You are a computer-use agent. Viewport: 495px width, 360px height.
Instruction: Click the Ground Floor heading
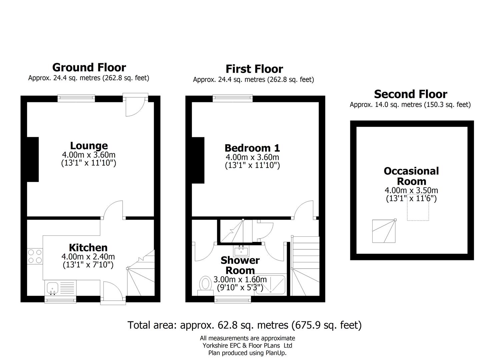(89, 67)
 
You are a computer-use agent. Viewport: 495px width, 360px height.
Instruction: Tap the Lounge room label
(89, 146)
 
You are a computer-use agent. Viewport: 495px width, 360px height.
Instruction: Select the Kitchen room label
(88, 248)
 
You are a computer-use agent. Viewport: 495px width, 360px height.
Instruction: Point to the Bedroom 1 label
(252, 148)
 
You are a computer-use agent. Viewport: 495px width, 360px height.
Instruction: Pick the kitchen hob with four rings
(35, 256)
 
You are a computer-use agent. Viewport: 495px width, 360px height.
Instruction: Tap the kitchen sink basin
(52, 288)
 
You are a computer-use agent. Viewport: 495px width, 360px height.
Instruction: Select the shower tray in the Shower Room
(270, 285)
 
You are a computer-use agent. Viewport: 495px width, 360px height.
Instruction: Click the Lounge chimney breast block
(33, 159)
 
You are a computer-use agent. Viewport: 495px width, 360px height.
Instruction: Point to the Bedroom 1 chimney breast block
(198, 160)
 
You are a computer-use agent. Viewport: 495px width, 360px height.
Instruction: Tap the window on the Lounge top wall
(76, 98)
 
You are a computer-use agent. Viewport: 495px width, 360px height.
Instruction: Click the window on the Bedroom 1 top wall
(232, 98)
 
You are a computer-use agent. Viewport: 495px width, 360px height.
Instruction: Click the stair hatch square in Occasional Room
(384, 231)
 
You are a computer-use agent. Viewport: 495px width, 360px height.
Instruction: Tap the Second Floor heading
(411, 94)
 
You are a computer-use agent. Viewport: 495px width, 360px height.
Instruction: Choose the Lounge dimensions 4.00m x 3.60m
(89, 155)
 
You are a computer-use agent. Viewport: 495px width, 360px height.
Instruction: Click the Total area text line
(244, 325)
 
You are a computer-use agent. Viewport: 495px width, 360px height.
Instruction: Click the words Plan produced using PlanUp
(247, 353)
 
